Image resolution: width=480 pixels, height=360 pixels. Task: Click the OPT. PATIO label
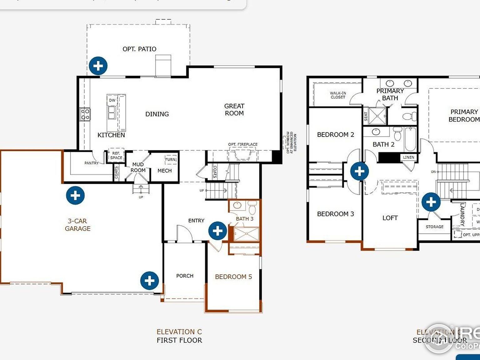point(139,49)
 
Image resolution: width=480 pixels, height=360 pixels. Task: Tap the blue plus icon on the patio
point(98,66)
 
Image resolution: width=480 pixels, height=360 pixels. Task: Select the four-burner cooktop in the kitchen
point(85,114)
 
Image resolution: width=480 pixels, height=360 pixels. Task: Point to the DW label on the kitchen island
point(112,100)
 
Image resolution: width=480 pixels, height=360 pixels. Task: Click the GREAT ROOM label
point(234,110)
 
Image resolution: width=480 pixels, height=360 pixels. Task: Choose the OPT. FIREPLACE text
point(243,144)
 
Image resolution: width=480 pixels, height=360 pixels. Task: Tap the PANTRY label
point(91,163)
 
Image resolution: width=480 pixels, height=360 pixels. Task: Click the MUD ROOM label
point(138,167)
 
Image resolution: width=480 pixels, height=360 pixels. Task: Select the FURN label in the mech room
point(170,160)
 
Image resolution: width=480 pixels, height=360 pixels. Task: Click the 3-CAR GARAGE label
point(77,225)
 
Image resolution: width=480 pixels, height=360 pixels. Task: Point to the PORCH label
point(185,276)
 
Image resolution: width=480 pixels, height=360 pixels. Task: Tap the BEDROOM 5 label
point(233,277)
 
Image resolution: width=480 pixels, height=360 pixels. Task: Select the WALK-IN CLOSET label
point(338,95)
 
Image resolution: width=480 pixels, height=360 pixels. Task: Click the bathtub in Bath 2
point(410,139)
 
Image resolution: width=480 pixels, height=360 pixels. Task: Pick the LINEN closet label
point(408,157)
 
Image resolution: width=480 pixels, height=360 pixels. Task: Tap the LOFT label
point(390,218)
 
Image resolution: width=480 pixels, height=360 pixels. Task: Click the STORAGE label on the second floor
point(434,227)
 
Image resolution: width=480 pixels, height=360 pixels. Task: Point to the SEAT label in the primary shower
point(366,117)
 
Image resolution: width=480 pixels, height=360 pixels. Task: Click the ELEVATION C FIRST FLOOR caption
point(179,336)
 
